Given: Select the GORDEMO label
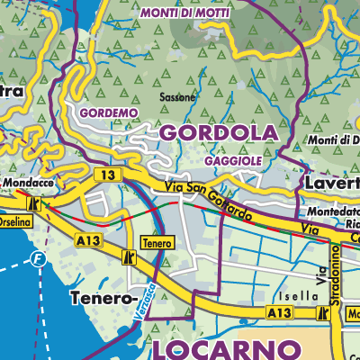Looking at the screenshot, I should [x=109, y=113].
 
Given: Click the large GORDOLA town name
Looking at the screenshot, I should [x=219, y=132].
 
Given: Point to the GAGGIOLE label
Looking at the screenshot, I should [x=232, y=159].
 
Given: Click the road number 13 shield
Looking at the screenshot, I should [x=108, y=175].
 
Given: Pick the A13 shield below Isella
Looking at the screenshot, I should [x=279, y=311].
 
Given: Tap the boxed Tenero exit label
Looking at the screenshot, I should [x=157, y=243].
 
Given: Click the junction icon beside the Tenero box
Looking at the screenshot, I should [x=129, y=258].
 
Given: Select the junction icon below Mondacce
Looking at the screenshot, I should [x=37, y=204].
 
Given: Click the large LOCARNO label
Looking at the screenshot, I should [x=226, y=347].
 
